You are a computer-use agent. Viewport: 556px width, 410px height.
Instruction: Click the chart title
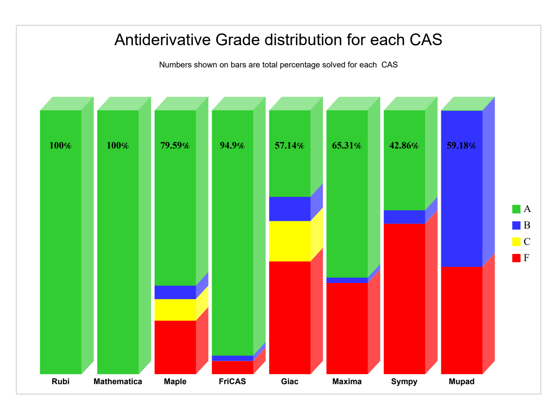coord(278,40)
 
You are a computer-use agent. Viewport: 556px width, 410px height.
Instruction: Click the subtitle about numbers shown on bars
coord(278,65)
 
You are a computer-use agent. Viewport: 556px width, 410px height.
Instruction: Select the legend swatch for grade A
coord(516,209)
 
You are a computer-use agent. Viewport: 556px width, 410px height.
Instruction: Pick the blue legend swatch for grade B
coord(516,225)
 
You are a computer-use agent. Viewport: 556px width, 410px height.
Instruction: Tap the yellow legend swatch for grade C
coord(516,241)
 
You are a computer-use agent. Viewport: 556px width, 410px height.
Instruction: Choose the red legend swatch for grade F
coord(516,258)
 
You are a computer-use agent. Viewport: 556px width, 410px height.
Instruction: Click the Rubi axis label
coord(61,382)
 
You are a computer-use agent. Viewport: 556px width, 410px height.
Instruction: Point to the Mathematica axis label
coord(118,382)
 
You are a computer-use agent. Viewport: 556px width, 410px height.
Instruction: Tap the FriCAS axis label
coord(232,382)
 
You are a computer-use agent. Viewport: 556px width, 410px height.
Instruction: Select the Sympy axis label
coord(404,382)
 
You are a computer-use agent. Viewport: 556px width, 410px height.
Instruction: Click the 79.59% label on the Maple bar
coord(175,146)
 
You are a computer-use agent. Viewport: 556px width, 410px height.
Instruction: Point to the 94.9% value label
coord(232,146)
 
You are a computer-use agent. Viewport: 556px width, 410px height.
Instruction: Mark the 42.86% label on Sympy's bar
coord(404,146)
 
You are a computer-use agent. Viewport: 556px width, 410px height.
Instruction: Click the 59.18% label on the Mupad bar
coord(461,146)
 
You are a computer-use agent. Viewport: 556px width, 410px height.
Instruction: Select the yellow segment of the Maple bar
coord(175,310)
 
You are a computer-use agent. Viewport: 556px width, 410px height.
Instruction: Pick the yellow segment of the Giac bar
coord(290,241)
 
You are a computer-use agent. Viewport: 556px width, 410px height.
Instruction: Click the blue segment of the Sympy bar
coord(404,217)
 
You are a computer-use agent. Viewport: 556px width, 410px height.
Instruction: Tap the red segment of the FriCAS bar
coord(232,368)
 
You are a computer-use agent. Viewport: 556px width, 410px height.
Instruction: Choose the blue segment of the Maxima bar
coord(347,281)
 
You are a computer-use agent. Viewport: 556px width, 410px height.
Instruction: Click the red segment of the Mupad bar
coord(462,320)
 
